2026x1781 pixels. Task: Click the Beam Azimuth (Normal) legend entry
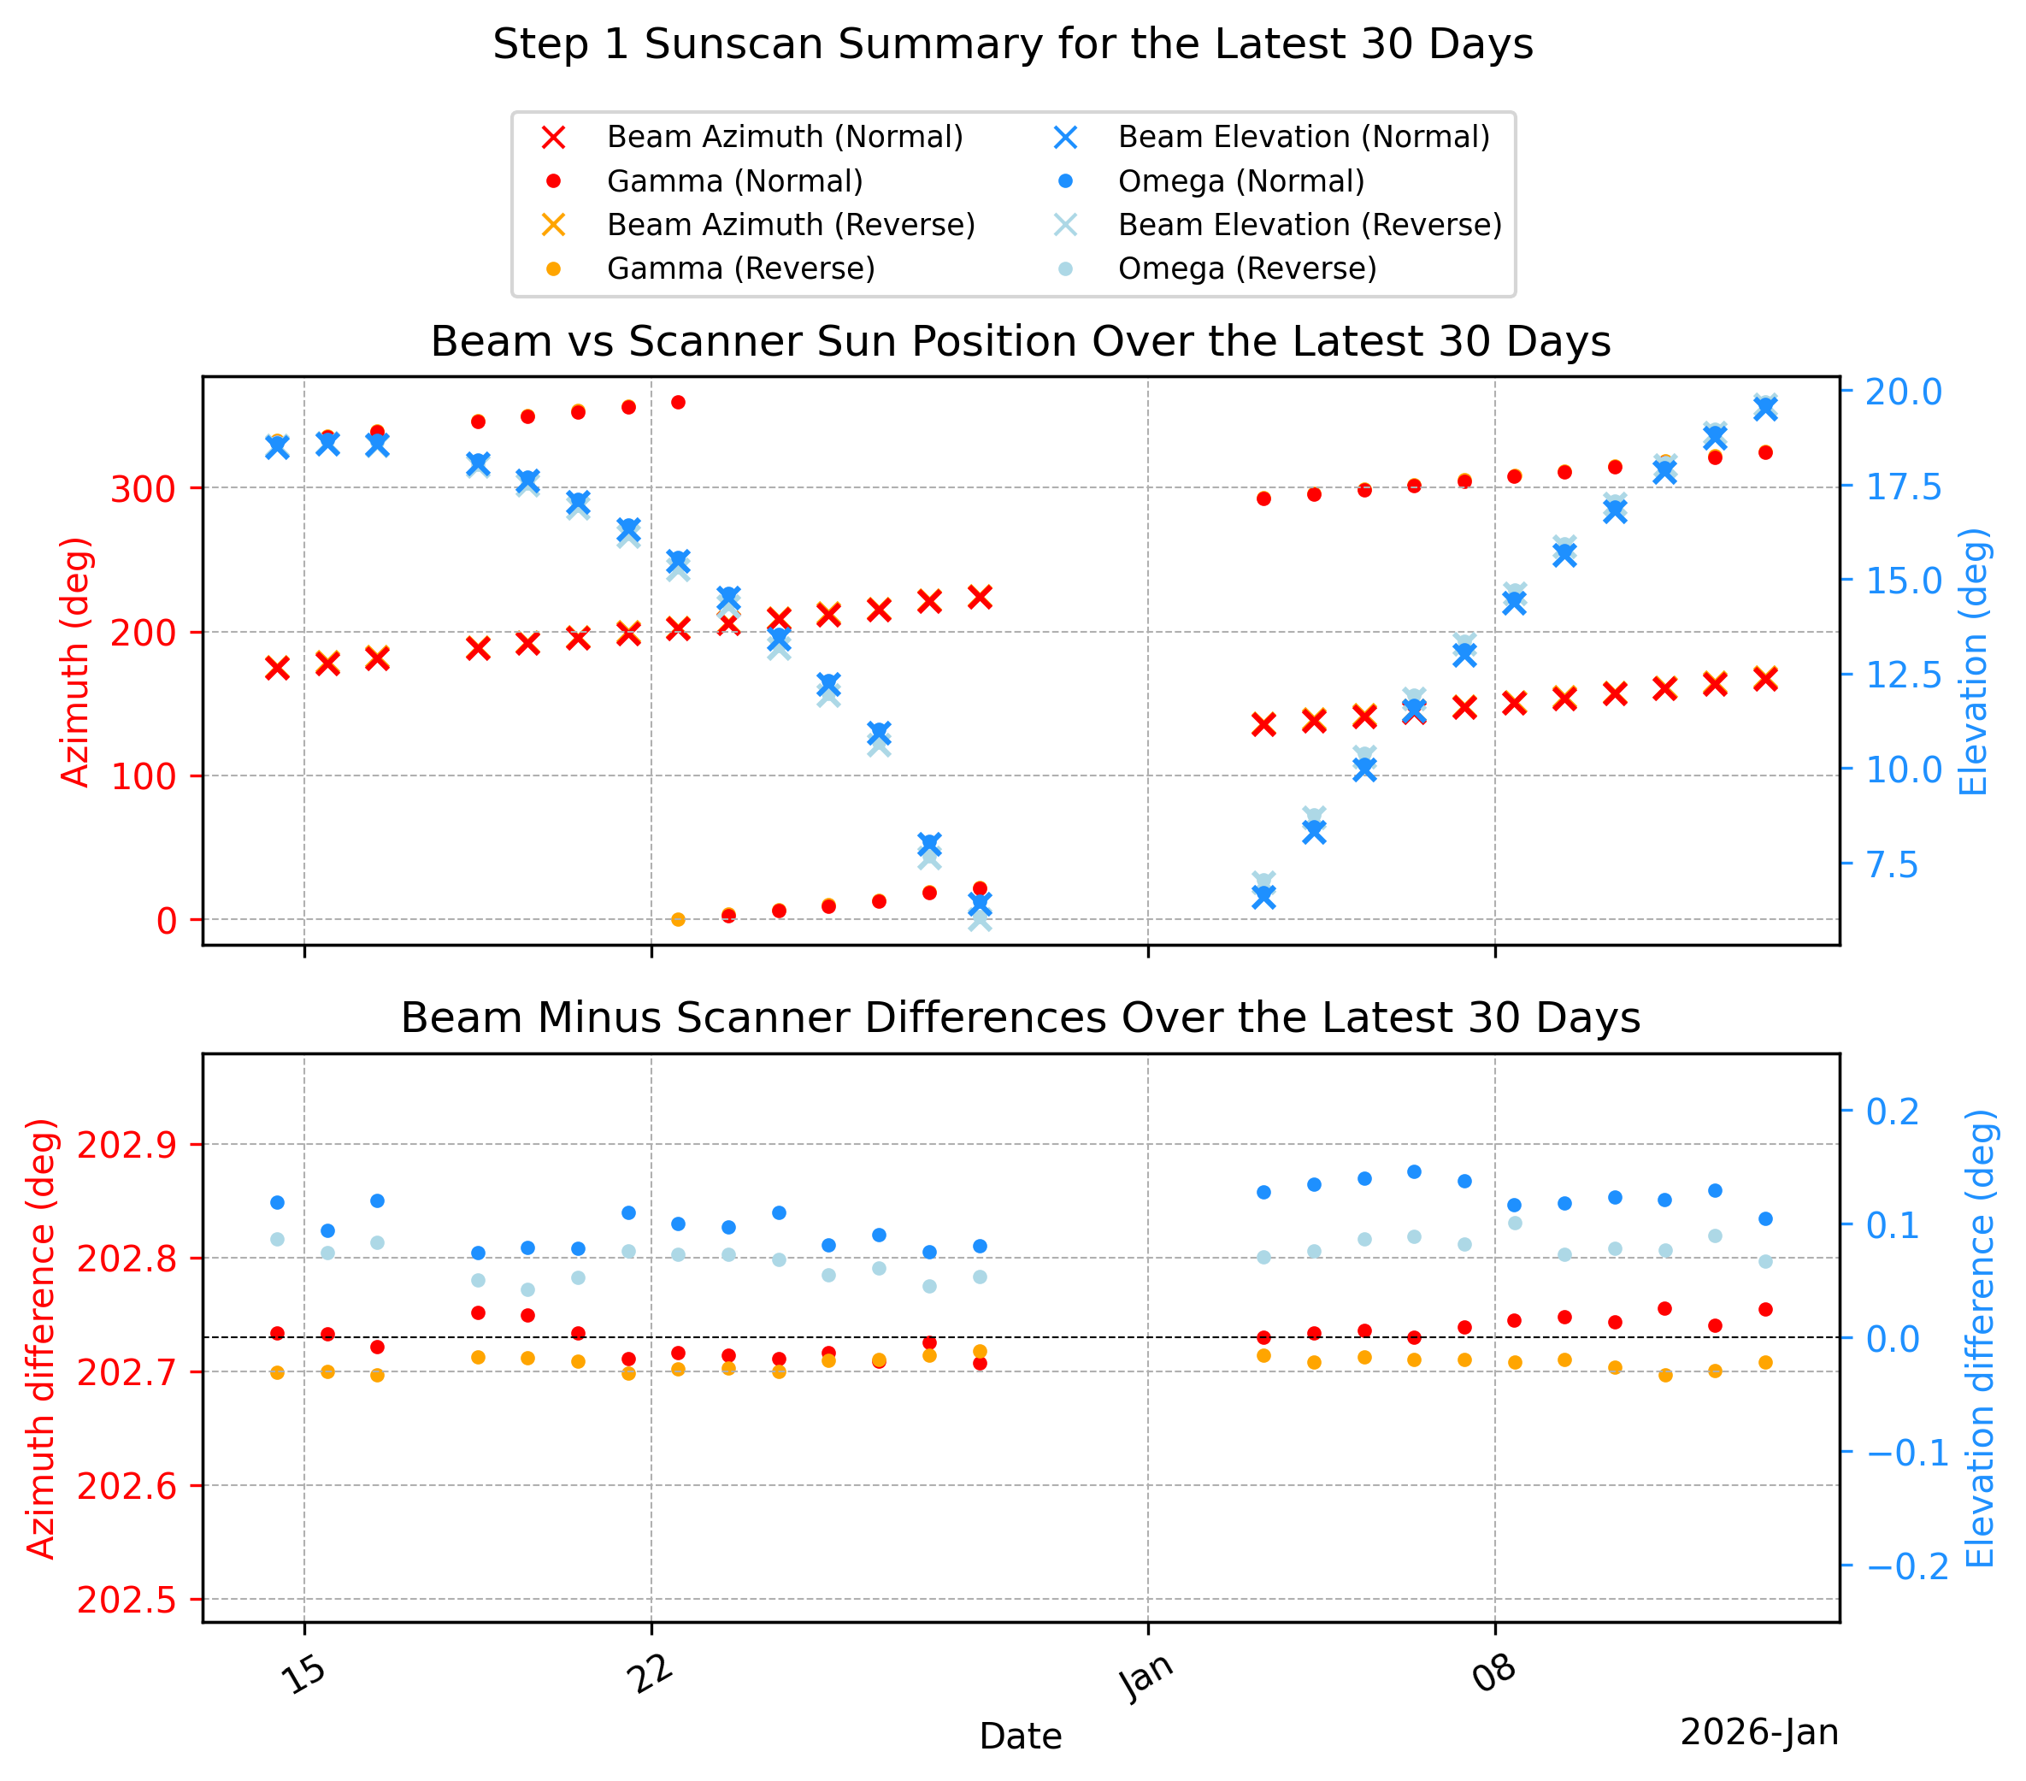pos(752,137)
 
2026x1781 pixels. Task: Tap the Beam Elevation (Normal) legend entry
pos(1269,137)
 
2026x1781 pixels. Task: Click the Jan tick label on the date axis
pos(1147,1679)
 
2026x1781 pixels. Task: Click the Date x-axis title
pos(1020,1737)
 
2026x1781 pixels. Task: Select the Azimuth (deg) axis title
pos(75,663)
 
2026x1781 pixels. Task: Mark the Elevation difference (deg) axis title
pos(1980,1339)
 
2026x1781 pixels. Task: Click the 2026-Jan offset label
pos(1759,1732)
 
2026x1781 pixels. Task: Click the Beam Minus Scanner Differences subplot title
pos(1020,1018)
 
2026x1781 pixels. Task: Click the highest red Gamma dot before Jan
pos(679,403)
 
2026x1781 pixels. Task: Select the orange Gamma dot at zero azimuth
pos(679,920)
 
